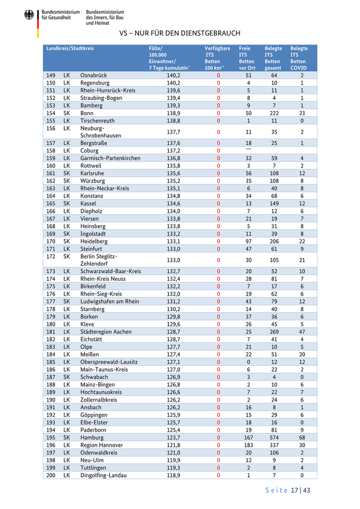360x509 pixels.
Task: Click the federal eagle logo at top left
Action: tap(29, 16)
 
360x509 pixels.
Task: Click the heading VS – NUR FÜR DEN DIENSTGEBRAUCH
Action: tap(179, 33)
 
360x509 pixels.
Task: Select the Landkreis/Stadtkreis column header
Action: tap(70, 48)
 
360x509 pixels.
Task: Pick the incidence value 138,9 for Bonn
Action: tap(173, 113)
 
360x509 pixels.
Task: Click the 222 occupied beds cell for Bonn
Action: tap(274, 113)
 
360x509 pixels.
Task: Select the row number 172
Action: tap(50, 256)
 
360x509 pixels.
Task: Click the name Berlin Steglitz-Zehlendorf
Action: tap(99, 260)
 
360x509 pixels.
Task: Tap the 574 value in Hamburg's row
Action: tap(274, 438)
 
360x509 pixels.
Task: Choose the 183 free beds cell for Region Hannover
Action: tap(248, 445)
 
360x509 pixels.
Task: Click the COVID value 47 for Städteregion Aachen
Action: tap(302, 332)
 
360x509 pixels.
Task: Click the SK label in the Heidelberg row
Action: tap(66, 241)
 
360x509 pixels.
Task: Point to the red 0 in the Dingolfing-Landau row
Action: tap(218, 476)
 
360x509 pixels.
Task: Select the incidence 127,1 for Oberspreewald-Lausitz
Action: tap(173, 362)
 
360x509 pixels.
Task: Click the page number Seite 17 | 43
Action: tap(287, 490)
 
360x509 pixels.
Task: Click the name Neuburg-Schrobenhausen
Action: tap(101, 132)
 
